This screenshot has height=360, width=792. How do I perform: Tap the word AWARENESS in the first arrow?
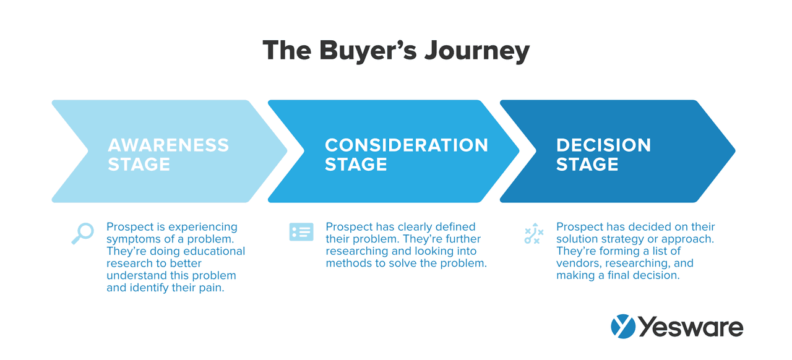pyautogui.click(x=168, y=145)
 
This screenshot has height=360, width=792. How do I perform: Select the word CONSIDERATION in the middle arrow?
pyautogui.click(x=407, y=145)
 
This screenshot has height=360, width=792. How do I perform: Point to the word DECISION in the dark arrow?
pyautogui.click(x=603, y=145)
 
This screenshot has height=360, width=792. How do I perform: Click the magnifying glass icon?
pyautogui.click(x=82, y=233)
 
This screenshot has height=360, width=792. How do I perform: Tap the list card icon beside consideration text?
pyautogui.click(x=301, y=233)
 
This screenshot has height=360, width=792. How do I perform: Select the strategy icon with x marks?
pyautogui.click(x=533, y=233)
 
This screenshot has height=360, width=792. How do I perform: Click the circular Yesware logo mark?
pyautogui.click(x=622, y=327)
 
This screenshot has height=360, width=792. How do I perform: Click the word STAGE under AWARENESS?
pyautogui.click(x=139, y=165)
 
